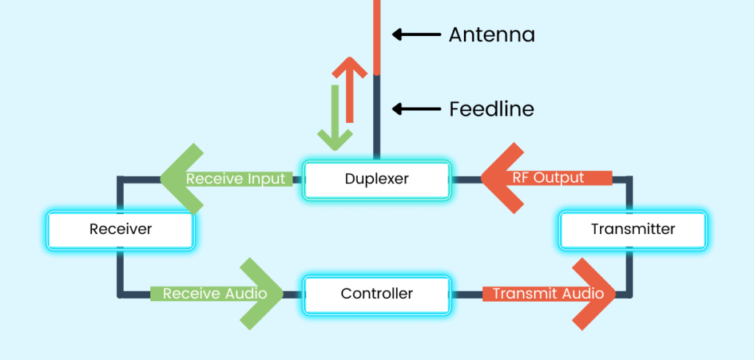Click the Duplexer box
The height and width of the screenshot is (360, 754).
(376, 179)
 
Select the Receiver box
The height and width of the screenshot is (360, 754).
(121, 229)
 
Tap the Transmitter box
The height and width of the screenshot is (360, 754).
(633, 229)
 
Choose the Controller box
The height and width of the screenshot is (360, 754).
(376, 294)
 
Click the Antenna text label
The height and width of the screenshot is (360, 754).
(491, 35)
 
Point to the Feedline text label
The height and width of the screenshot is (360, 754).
(491, 110)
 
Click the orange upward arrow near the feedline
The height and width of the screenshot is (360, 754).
(349, 88)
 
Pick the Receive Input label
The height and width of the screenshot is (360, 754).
(235, 179)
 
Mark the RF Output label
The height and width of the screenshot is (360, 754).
(549, 178)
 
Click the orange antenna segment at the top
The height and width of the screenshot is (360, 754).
(376, 37)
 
